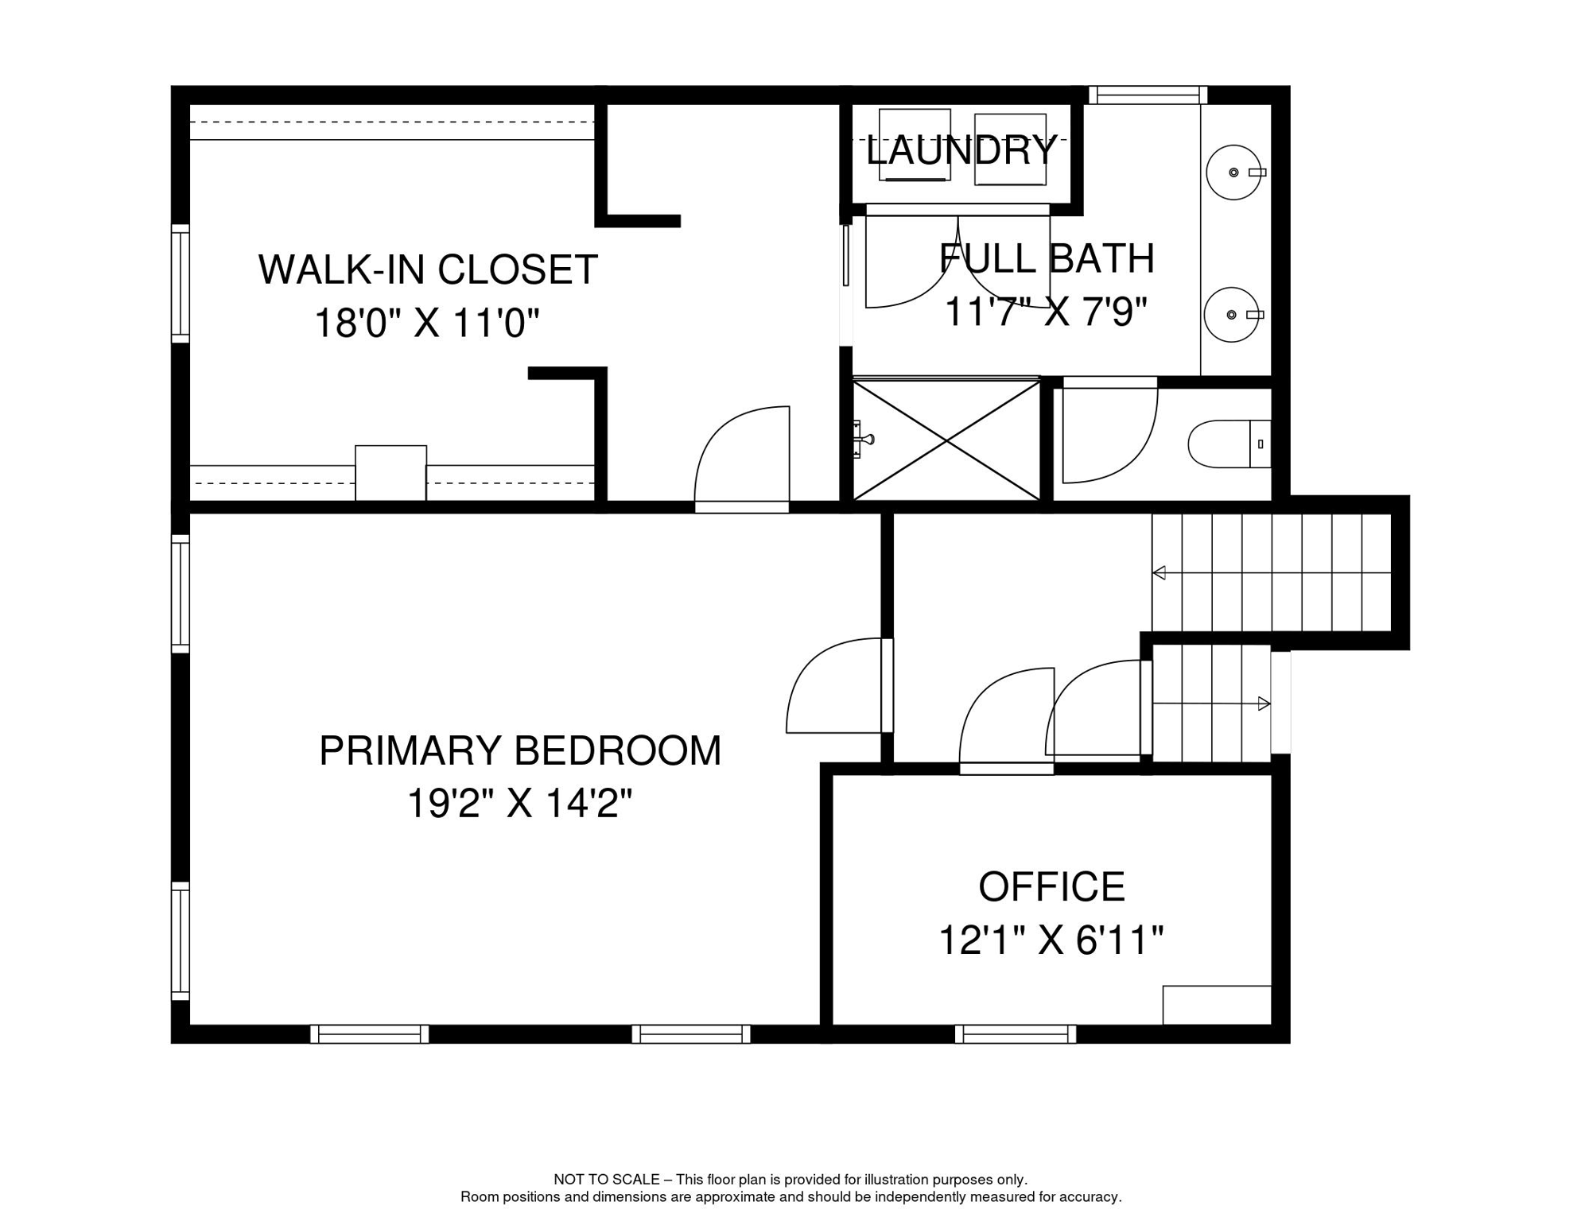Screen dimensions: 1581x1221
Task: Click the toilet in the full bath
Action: click(x=1229, y=444)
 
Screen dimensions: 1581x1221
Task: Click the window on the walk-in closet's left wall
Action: click(x=181, y=284)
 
